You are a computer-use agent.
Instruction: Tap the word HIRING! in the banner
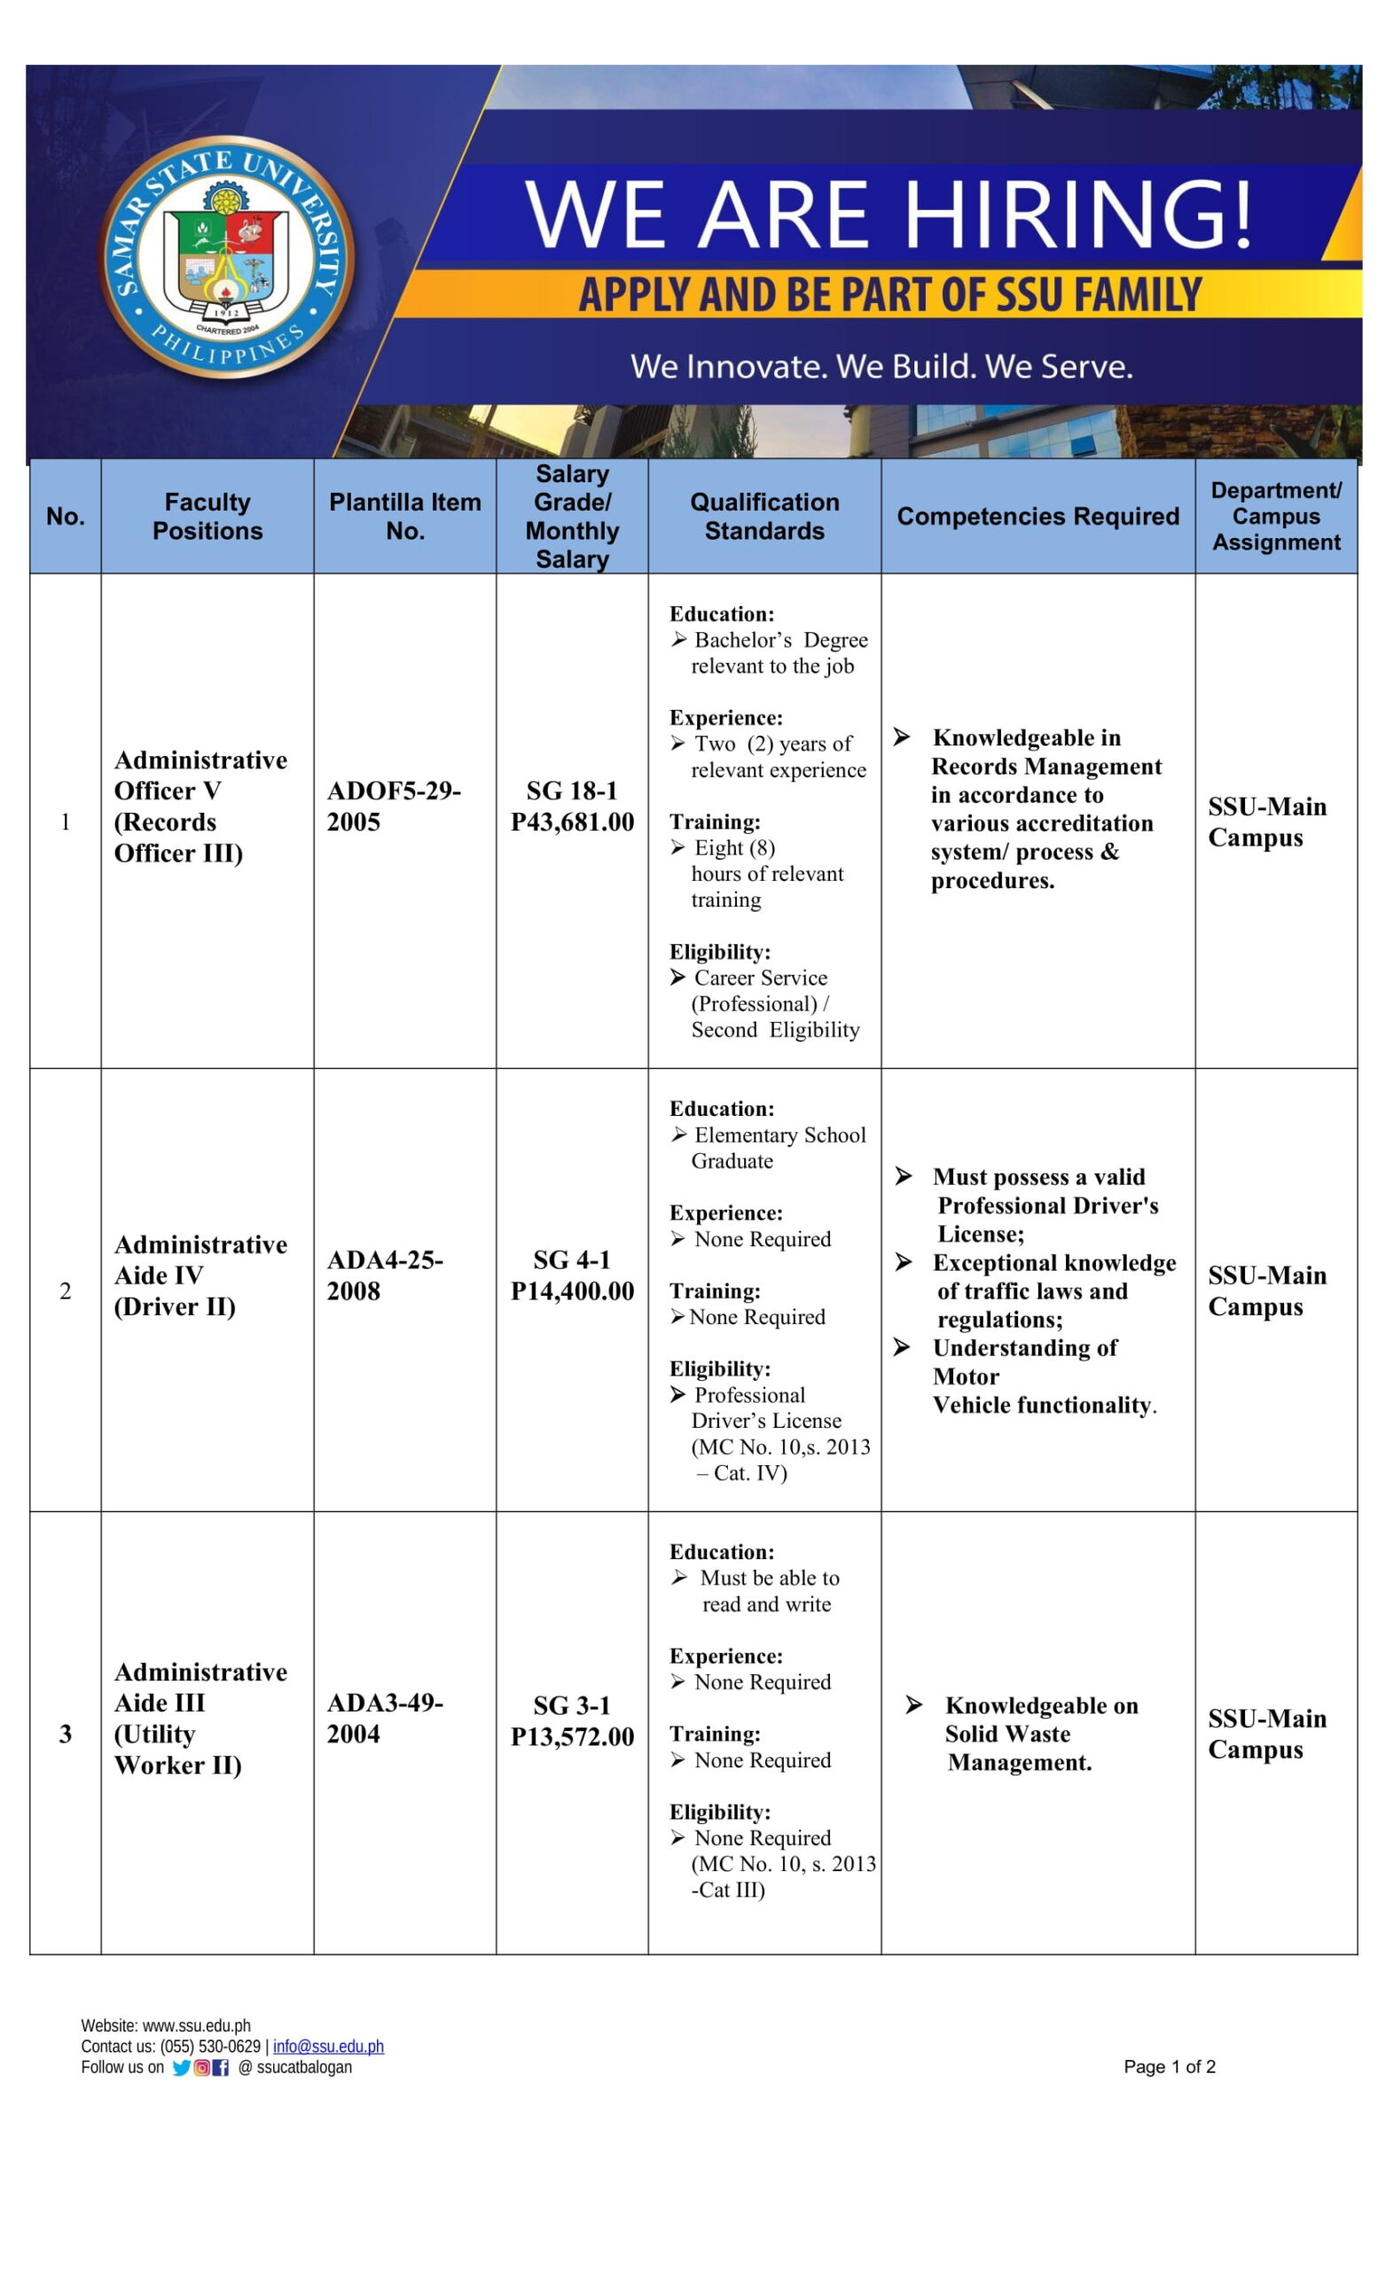[x=1078, y=214]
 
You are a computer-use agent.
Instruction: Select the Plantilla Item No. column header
[x=404, y=516]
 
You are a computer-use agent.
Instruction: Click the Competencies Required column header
[x=1037, y=516]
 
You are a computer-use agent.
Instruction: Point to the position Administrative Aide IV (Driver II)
[x=200, y=1275]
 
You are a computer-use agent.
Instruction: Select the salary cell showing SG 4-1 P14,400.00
[x=572, y=1275]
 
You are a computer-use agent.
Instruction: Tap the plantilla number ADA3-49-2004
[x=384, y=1719]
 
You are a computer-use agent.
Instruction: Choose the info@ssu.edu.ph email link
[x=328, y=2047]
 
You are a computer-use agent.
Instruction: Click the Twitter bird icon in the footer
[x=182, y=2067]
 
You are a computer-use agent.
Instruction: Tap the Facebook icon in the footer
[x=220, y=2067]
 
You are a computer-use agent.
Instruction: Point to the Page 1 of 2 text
[x=1169, y=2066]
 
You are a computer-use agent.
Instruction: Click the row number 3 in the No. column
[x=66, y=1734]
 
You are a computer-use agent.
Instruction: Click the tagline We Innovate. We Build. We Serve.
[x=881, y=367]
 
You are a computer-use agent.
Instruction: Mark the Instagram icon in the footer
[x=200, y=2067]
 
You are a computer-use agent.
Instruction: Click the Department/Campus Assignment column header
[x=1276, y=516]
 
